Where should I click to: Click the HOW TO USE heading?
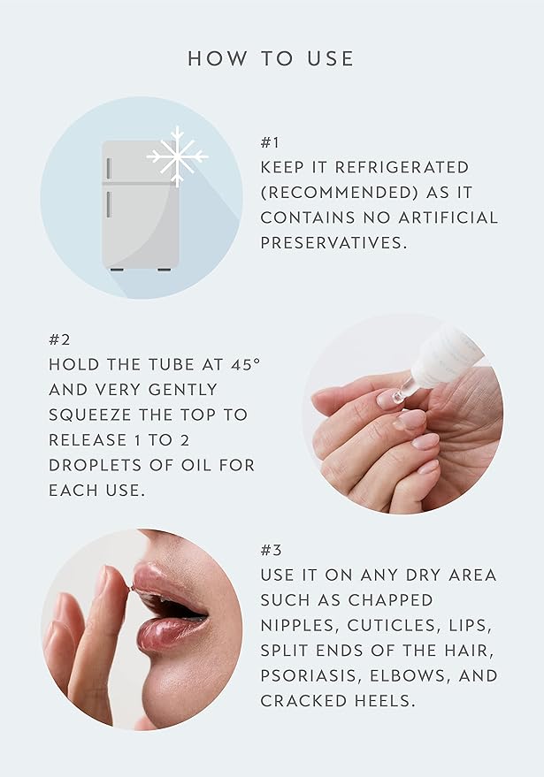pos(271,59)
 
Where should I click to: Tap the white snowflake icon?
pos(177,156)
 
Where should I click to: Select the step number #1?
pos(270,142)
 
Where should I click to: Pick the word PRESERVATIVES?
pos(333,241)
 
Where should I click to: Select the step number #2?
pos(58,339)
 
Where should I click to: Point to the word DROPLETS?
pos(96,464)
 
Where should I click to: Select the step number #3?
pos(271,550)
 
